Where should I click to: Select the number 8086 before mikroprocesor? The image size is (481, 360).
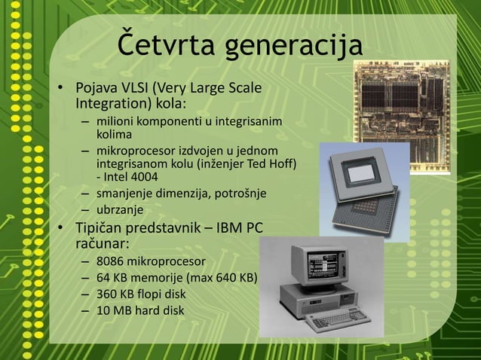point(110,262)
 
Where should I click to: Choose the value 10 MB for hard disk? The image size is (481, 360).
point(115,310)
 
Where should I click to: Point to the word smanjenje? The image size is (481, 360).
point(125,194)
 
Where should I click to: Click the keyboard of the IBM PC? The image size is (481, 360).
point(332,321)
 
